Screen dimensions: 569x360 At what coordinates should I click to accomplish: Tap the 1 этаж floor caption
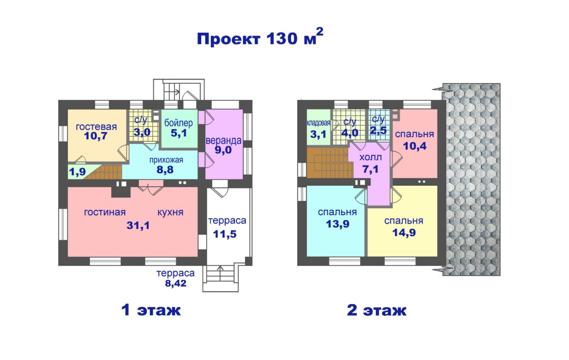pos(151,310)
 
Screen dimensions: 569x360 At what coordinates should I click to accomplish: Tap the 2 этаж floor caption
pos(377,310)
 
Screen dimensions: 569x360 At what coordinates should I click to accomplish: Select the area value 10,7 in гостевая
pos(95,136)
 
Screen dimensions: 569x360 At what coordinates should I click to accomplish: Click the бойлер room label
pos(178,123)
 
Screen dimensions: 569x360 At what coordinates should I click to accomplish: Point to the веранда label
pos(223,140)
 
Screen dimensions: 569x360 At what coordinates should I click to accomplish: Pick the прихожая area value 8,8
pos(165,170)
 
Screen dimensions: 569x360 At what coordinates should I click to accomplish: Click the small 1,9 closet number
pos(77,172)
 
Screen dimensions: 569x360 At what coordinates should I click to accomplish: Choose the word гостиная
pos(105,212)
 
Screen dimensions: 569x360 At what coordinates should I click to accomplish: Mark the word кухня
pos(171,212)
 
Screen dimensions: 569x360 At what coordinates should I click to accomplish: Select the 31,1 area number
pos(138,225)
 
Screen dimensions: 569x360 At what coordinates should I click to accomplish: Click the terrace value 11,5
pos(225,234)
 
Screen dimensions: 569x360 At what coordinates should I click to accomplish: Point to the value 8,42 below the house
pos(176,283)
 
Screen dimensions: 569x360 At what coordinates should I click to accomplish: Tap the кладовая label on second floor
pos(319,123)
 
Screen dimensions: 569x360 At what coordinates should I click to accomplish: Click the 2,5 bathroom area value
pos(379,130)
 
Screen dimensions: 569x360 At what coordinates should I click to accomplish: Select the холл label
pos(371,157)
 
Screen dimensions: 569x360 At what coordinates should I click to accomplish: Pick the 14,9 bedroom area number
pos(404,233)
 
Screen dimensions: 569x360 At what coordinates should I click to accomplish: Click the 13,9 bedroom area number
pos(338,224)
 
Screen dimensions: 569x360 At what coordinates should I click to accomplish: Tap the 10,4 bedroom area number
pos(415,146)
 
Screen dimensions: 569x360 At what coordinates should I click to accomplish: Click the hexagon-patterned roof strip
pos(471,179)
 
